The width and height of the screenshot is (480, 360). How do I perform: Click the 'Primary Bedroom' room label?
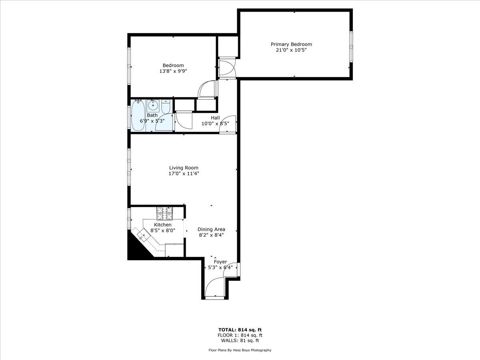click(x=291, y=44)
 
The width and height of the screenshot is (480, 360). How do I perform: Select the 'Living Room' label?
click(x=184, y=168)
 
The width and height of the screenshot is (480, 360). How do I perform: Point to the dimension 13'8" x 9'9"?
click(x=173, y=71)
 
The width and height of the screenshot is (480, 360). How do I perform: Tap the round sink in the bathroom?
click(x=153, y=106)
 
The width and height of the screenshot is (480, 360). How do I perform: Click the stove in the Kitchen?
click(x=164, y=213)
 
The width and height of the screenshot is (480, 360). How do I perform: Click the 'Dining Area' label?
click(x=211, y=229)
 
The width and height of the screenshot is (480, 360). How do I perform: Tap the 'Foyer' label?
click(x=220, y=262)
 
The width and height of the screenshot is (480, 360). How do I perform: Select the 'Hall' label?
click(x=216, y=118)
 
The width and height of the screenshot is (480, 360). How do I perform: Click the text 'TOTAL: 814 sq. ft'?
click(x=240, y=330)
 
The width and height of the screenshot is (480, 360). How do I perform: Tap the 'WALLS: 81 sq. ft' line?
click(x=240, y=341)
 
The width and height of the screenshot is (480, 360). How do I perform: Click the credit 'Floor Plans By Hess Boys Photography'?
click(x=240, y=350)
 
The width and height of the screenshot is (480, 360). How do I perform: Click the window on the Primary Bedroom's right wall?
click(x=351, y=46)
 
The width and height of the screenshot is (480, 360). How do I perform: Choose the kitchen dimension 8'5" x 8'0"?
click(x=163, y=230)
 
